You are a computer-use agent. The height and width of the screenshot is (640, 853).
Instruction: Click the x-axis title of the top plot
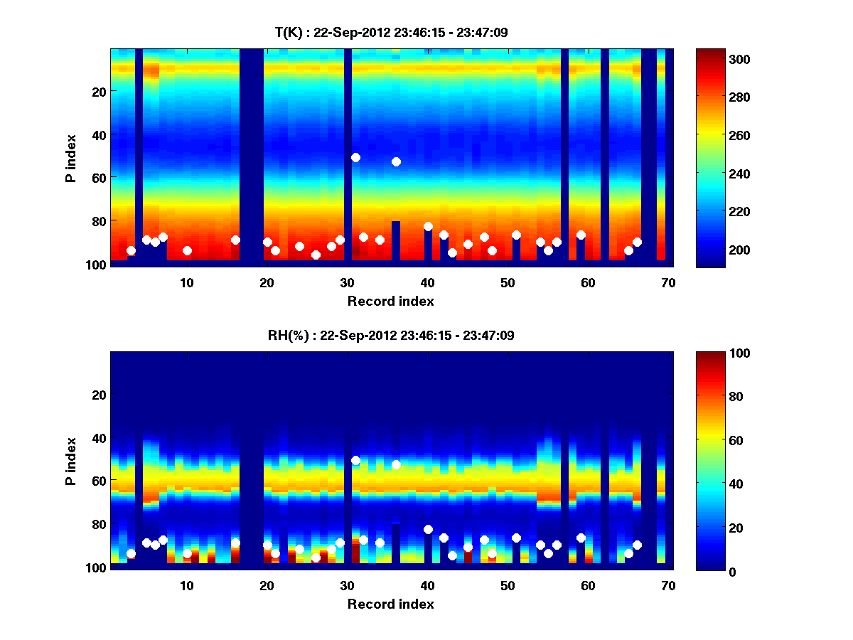(x=390, y=301)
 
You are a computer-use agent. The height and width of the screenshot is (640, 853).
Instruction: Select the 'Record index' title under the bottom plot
(x=390, y=604)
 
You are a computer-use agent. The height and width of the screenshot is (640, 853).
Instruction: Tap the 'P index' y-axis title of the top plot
(x=71, y=157)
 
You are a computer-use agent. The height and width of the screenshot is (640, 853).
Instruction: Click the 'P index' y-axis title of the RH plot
(x=71, y=460)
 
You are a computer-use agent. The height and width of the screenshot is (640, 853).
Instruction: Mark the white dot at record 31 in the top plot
(x=355, y=157)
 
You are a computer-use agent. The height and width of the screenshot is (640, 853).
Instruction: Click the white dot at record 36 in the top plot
(x=396, y=161)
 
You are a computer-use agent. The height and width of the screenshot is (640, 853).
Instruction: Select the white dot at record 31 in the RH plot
(x=355, y=460)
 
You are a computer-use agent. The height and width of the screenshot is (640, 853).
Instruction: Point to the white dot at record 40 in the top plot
(x=428, y=226)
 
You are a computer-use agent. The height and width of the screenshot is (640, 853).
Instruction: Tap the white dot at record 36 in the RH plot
(x=396, y=464)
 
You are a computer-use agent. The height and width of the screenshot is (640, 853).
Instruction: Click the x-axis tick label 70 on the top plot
(x=668, y=282)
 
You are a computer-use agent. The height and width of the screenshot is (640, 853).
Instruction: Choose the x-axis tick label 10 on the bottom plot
(x=187, y=585)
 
